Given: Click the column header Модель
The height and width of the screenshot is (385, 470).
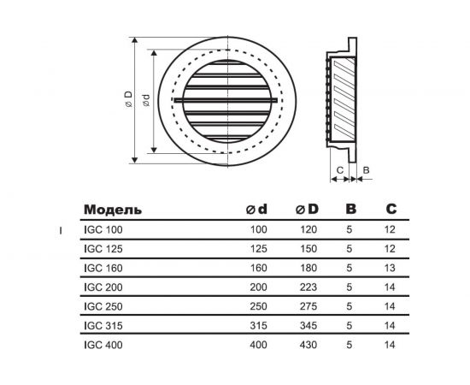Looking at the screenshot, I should click(114, 209).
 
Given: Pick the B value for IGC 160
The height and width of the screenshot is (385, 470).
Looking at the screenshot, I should click(350, 268).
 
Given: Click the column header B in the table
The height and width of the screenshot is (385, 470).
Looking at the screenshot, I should click(350, 209).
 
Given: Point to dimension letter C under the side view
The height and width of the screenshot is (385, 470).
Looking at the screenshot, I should click(340, 170).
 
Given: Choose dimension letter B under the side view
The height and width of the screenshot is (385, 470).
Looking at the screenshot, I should click(366, 170).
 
